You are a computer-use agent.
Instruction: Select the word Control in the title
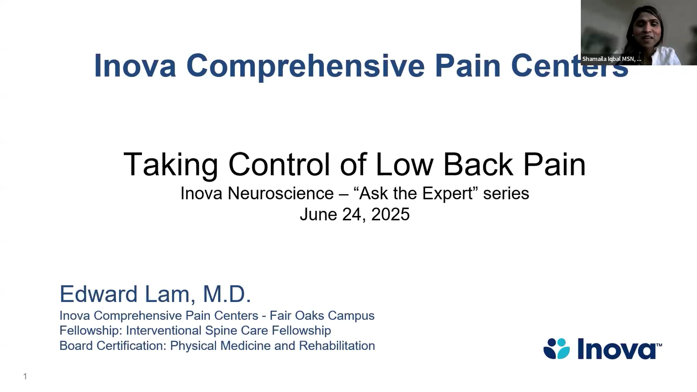(279, 165)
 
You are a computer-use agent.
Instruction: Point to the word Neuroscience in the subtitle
(281, 193)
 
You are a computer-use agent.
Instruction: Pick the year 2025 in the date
(390, 215)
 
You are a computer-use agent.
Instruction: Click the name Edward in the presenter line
(98, 294)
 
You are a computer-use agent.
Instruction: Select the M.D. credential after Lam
(227, 294)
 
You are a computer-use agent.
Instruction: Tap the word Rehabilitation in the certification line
(337, 346)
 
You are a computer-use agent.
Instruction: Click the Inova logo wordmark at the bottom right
(617, 349)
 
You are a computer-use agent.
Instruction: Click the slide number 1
(25, 377)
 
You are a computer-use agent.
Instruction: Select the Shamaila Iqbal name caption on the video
(611, 59)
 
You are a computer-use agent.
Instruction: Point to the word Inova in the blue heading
(135, 66)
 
